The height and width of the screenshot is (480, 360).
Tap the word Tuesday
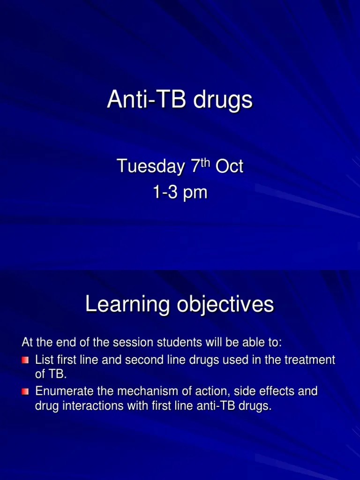[x=150, y=166]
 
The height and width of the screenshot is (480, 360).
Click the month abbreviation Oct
[x=230, y=166]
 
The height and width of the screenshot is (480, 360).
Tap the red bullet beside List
[x=25, y=360]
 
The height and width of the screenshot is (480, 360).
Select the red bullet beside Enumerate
[x=25, y=391]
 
